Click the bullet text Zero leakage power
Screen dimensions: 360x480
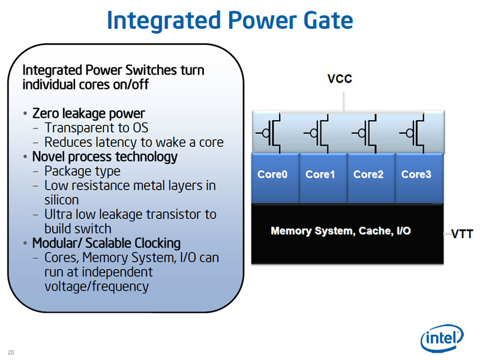[88, 113]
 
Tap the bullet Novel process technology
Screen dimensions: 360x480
[104, 157]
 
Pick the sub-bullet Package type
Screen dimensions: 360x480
[82, 171]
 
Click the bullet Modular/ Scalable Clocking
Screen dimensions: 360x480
[106, 243]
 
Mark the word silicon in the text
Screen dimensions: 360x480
[61, 200]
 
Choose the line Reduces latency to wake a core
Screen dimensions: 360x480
[134, 142]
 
